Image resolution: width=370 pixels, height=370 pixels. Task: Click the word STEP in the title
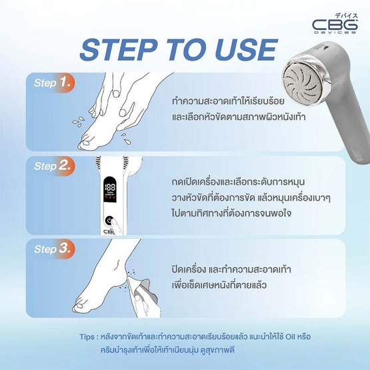coord(118,50)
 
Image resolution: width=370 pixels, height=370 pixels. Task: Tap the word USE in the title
coord(246,50)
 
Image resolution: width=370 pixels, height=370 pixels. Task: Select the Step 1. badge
coord(53,83)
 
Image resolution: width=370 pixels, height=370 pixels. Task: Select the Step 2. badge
coord(53,166)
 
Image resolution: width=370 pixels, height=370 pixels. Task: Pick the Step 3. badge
coord(53,249)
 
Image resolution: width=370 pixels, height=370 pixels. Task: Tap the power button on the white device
coord(109,221)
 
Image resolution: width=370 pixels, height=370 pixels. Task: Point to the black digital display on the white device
coord(110,189)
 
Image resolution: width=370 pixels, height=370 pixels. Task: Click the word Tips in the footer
coord(87,337)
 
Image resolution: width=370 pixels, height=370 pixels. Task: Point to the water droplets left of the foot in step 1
coord(79,121)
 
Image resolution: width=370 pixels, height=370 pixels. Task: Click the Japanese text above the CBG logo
coord(346,16)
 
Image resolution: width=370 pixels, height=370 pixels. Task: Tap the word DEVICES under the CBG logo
coord(335,32)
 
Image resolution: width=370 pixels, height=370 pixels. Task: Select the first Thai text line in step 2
coord(238,182)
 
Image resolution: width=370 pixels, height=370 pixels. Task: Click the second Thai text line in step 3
coord(219,285)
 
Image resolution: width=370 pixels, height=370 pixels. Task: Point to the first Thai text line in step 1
coord(228,101)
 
